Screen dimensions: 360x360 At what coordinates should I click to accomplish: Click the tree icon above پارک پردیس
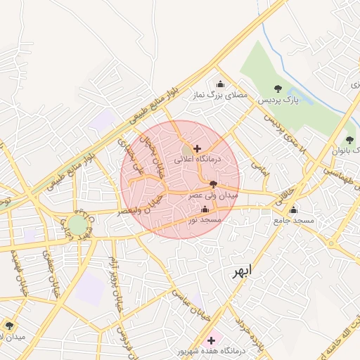pos(278,89)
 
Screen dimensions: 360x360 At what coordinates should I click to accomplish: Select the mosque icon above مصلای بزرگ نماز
pos(220,84)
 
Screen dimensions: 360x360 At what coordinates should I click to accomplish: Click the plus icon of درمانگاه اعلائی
pos(196,148)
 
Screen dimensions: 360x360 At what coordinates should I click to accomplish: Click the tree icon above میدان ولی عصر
pos(213,184)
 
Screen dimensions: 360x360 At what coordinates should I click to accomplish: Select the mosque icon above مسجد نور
pos(205,210)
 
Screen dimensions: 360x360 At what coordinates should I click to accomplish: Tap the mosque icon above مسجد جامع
pos(294,210)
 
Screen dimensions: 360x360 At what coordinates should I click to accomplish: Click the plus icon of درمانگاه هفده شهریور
pos(211,340)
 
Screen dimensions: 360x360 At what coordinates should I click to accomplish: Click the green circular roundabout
pos(78,226)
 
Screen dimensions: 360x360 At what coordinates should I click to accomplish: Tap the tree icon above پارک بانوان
pos(349,140)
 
